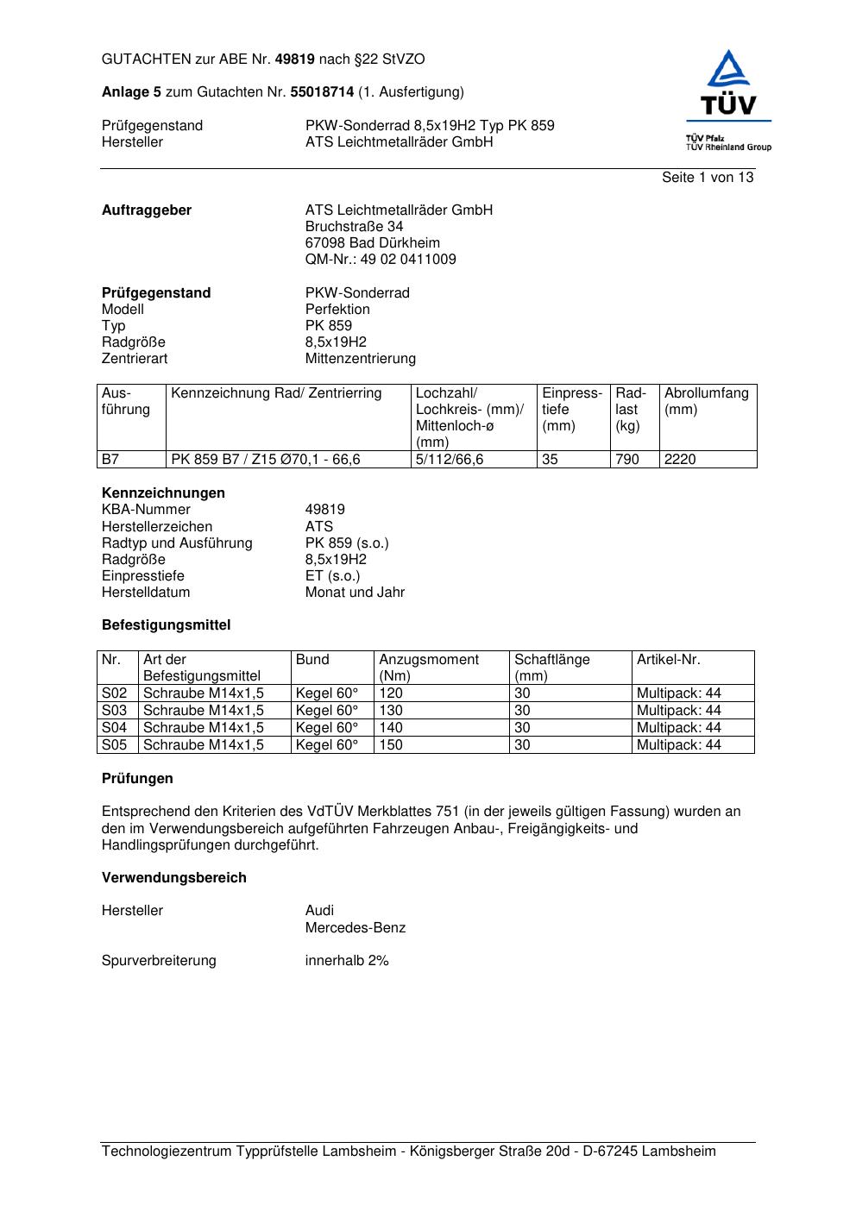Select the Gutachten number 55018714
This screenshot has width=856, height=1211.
[322, 92]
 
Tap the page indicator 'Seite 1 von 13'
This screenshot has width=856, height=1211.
[707, 178]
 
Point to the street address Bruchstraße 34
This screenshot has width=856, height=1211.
[354, 227]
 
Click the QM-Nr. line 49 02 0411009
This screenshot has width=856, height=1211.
[381, 260]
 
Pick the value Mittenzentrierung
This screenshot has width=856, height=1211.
[360, 359]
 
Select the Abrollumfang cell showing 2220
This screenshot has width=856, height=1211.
[680, 460]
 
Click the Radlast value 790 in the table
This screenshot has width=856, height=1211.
[627, 460]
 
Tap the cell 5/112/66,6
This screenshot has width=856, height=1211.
[450, 460]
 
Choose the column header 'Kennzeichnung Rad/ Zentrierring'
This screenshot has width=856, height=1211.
[276, 393]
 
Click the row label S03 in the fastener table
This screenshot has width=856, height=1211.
[114, 711]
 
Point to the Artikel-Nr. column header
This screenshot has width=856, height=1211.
[668, 660]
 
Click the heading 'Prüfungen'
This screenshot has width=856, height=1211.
[137, 779]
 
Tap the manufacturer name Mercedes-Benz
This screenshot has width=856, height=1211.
[355, 928]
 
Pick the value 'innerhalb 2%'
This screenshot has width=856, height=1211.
[346, 961]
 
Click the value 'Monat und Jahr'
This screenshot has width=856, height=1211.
[355, 593]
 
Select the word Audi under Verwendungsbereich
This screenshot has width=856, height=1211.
[319, 911]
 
